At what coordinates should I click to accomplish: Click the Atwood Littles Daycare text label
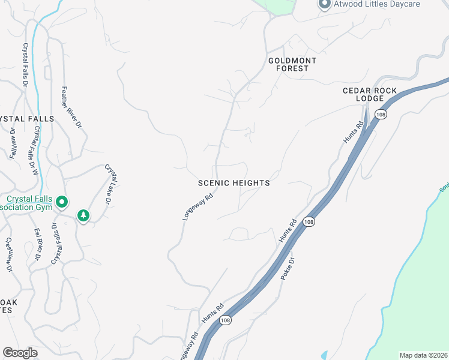pos(378,4)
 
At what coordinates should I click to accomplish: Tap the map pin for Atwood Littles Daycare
pos(324,4)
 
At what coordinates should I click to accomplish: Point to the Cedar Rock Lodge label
pos(370,94)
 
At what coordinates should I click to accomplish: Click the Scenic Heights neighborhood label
pos(234,183)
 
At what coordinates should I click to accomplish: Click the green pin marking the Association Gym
pos(62,204)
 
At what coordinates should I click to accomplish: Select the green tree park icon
pos(83,215)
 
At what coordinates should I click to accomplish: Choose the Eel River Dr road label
pos(37,244)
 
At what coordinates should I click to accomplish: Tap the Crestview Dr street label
pos(9,255)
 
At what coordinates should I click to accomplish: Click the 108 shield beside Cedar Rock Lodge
pos(380,114)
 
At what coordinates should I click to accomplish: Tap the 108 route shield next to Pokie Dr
pos(309,222)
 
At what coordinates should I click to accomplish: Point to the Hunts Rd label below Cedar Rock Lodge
pos(354,132)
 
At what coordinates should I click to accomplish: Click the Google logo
pos(20,353)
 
